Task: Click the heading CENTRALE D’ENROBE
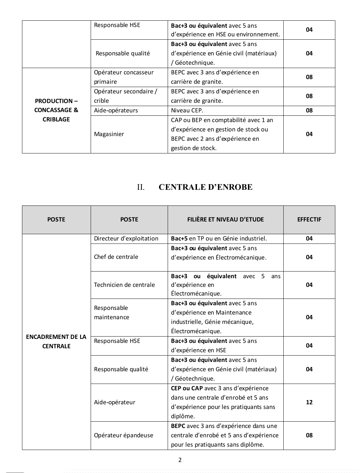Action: point(205,187)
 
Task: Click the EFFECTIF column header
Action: point(309,219)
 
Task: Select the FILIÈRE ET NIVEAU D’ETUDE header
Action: point(225,219)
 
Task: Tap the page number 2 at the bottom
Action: point(180,460)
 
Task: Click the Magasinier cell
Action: point(109,134)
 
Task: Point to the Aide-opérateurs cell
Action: point(116,110)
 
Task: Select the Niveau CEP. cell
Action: point(187,110)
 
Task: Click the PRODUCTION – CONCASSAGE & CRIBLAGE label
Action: point(56,110)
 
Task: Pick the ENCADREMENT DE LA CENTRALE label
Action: point(56,342)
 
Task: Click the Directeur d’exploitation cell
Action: point(126,239)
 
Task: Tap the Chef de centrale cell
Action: point(116,257)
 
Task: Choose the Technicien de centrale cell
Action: point(124,285)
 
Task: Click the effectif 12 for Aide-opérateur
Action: point(309,402)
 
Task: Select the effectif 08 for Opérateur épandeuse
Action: point(309,435)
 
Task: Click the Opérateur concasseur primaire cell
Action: point(124,77)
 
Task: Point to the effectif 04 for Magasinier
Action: point(309,134)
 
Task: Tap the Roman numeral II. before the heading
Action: point(141,187)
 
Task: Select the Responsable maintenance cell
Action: point(111,313)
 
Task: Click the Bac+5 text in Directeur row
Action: point(179,239)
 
